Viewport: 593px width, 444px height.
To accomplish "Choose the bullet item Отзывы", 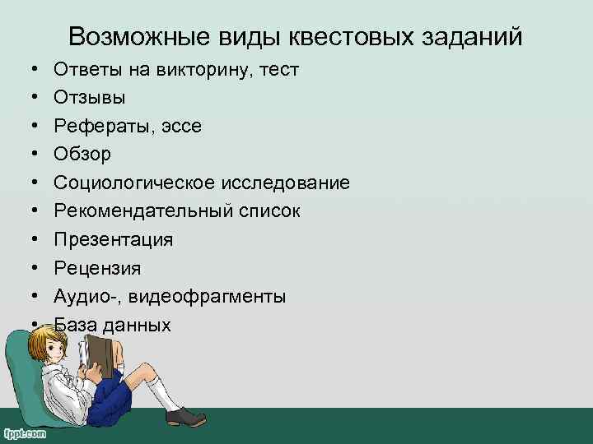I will tap(90, 98).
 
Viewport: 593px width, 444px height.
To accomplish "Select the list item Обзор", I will tap(82, 154).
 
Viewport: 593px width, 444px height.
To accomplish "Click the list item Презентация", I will tap(114, 239).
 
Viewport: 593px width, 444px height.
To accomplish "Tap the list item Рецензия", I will tap(97, 268).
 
